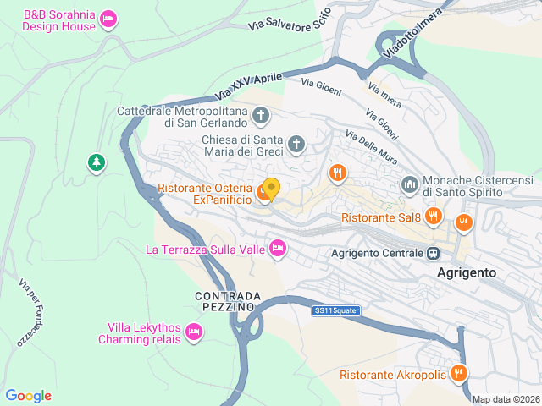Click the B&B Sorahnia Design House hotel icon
[108, 19]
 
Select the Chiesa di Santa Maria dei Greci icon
[296, 144]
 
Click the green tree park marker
[95, 162]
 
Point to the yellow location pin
[271, 188]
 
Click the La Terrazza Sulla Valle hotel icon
[277, 248]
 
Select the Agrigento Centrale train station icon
[434, 253]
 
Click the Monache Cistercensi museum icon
[410, 184]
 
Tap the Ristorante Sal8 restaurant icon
[433, 216]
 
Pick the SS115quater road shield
[336, 311]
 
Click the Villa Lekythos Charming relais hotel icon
[194, 332]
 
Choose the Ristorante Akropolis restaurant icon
[458, 372]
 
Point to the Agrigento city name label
[466, 273]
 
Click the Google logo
[29, 396]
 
